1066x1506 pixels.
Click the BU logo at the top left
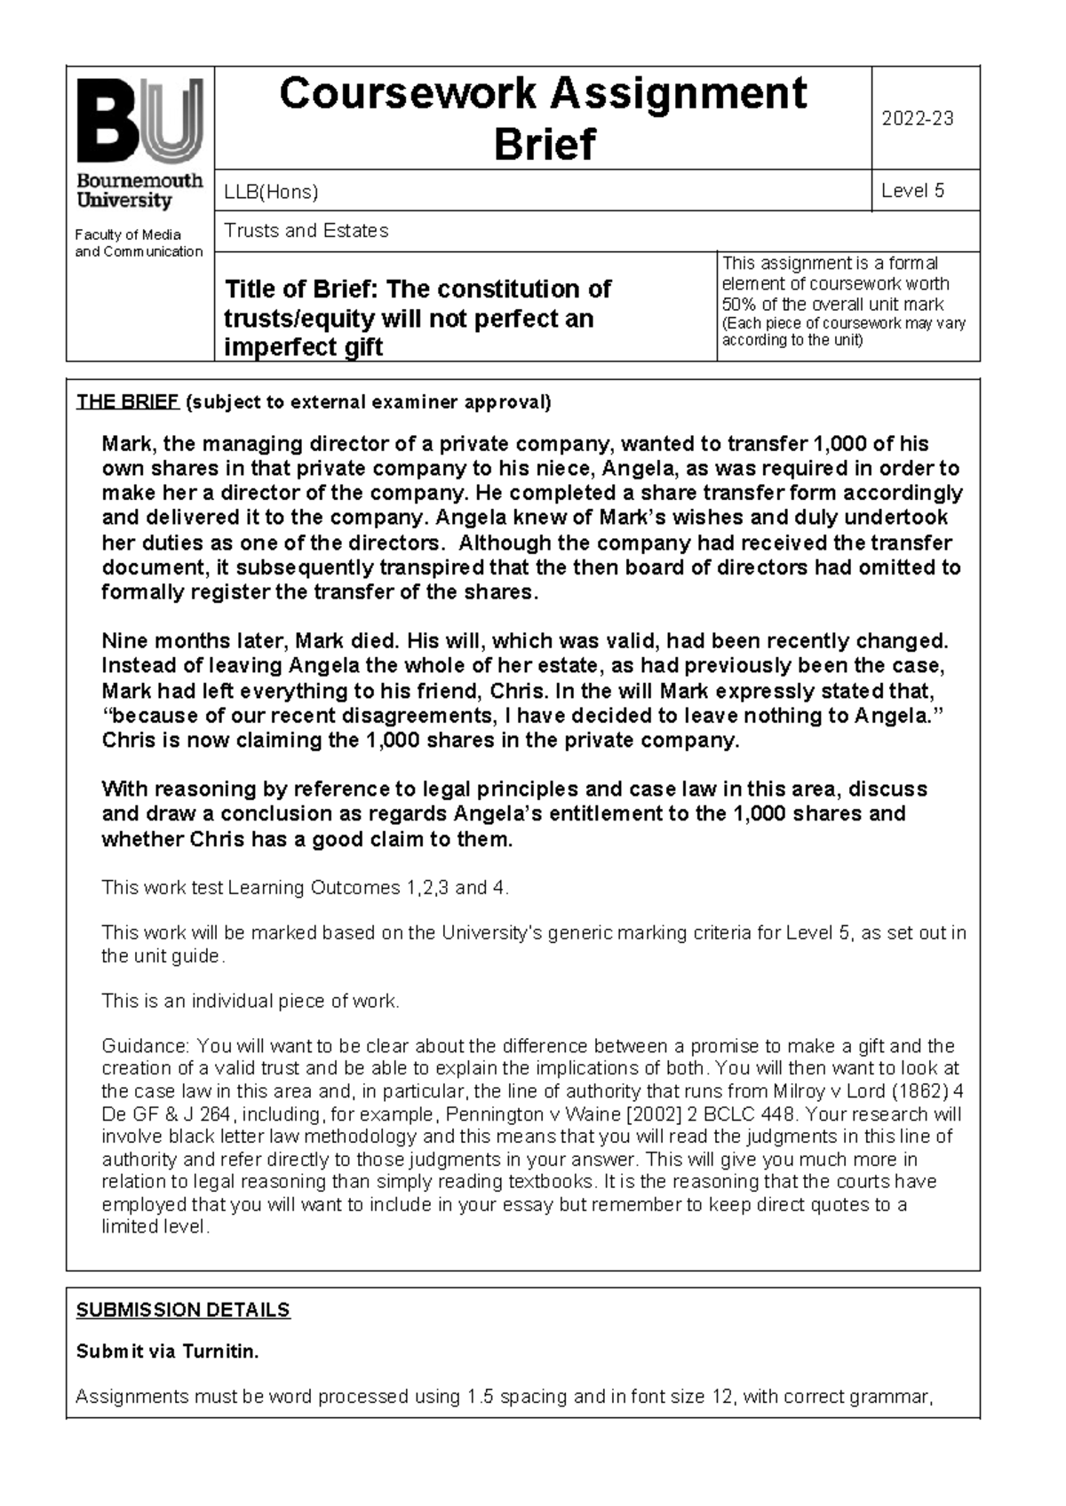(139, 120)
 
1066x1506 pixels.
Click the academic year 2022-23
(917, 119)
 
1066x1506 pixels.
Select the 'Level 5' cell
(912, 191)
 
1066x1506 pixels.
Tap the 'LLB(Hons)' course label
(271, 192)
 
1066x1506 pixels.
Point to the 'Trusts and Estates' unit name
(306, 231)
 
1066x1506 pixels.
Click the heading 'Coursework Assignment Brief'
(543, 118)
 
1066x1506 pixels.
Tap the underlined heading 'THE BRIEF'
(127, 402)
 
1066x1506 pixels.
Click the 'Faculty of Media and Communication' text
(139, 243)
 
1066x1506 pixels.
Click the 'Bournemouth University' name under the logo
(139, 190)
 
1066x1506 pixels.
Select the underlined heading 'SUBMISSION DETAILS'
(183, 1310)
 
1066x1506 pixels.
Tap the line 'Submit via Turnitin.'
(167, 1352)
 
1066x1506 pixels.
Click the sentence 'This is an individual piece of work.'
(251, 1001)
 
